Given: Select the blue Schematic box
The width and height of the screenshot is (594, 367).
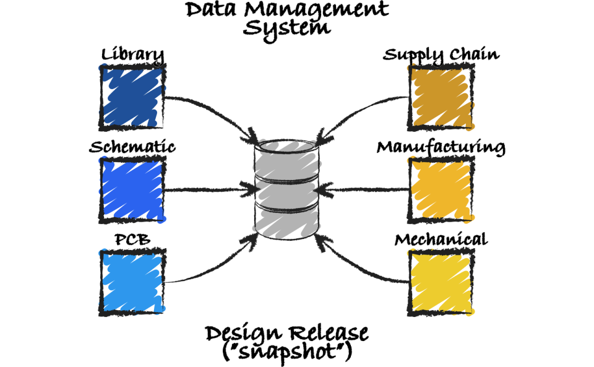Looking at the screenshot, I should click(x=132, y=189).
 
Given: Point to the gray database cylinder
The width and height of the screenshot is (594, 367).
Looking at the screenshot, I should click(x=287, y=189).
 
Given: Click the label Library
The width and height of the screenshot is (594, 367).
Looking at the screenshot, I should click(x=132, y=55).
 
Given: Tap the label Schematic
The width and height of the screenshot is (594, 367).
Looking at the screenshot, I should click(x=132, y=147).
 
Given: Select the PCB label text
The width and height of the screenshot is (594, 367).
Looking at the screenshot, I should click(x=132, y=240).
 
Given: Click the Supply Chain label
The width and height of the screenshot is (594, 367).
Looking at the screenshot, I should click(x=441, y=54).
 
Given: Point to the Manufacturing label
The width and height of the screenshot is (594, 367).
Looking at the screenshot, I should click(x=441, y=147).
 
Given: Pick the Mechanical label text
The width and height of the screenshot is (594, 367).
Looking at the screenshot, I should click(x=441, y=240).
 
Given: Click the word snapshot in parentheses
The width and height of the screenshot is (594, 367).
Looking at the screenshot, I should click(x=287, y=352).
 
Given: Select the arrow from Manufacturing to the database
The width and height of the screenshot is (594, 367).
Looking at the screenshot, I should click(x=365, y=189).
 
